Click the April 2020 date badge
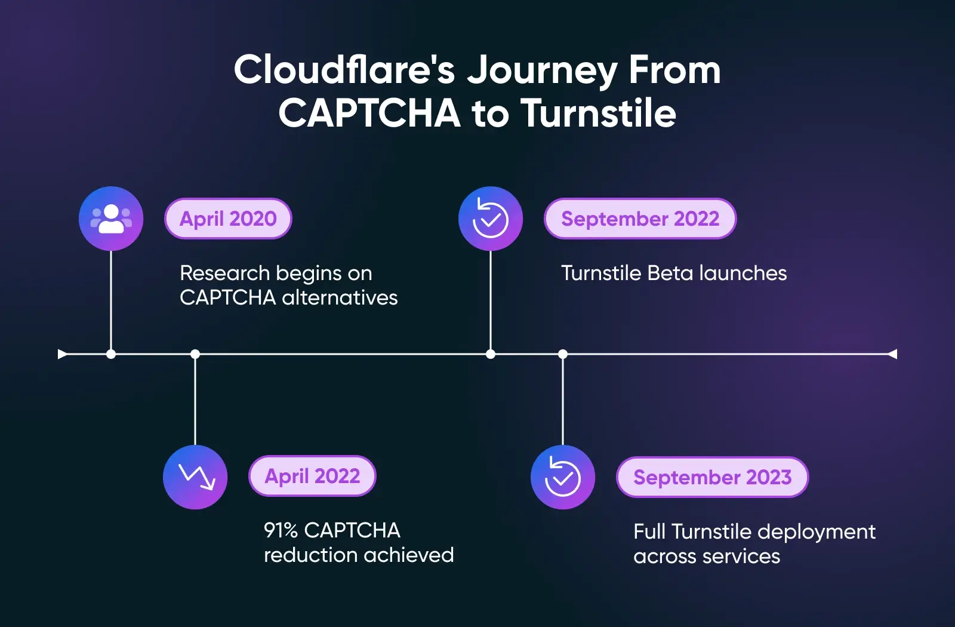pos(228,219)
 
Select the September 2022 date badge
pos(640,219)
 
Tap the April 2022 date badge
pos(312,476)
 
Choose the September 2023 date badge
pos(712,477)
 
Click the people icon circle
pos(111,219)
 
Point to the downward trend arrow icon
pos(195,477)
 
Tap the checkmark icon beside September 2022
pos(491,219)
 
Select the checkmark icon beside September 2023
pos(563,477)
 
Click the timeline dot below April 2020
pos(111,354)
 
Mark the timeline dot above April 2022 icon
pos(195,354)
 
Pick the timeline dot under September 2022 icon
pos(491,354)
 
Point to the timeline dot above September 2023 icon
pos(563,354)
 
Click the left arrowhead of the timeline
pos(62,354)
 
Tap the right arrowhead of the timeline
pos(892,354)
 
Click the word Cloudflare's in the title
pos(344,70)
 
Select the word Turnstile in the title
pos(599,113)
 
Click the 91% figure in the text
pos(281,530)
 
